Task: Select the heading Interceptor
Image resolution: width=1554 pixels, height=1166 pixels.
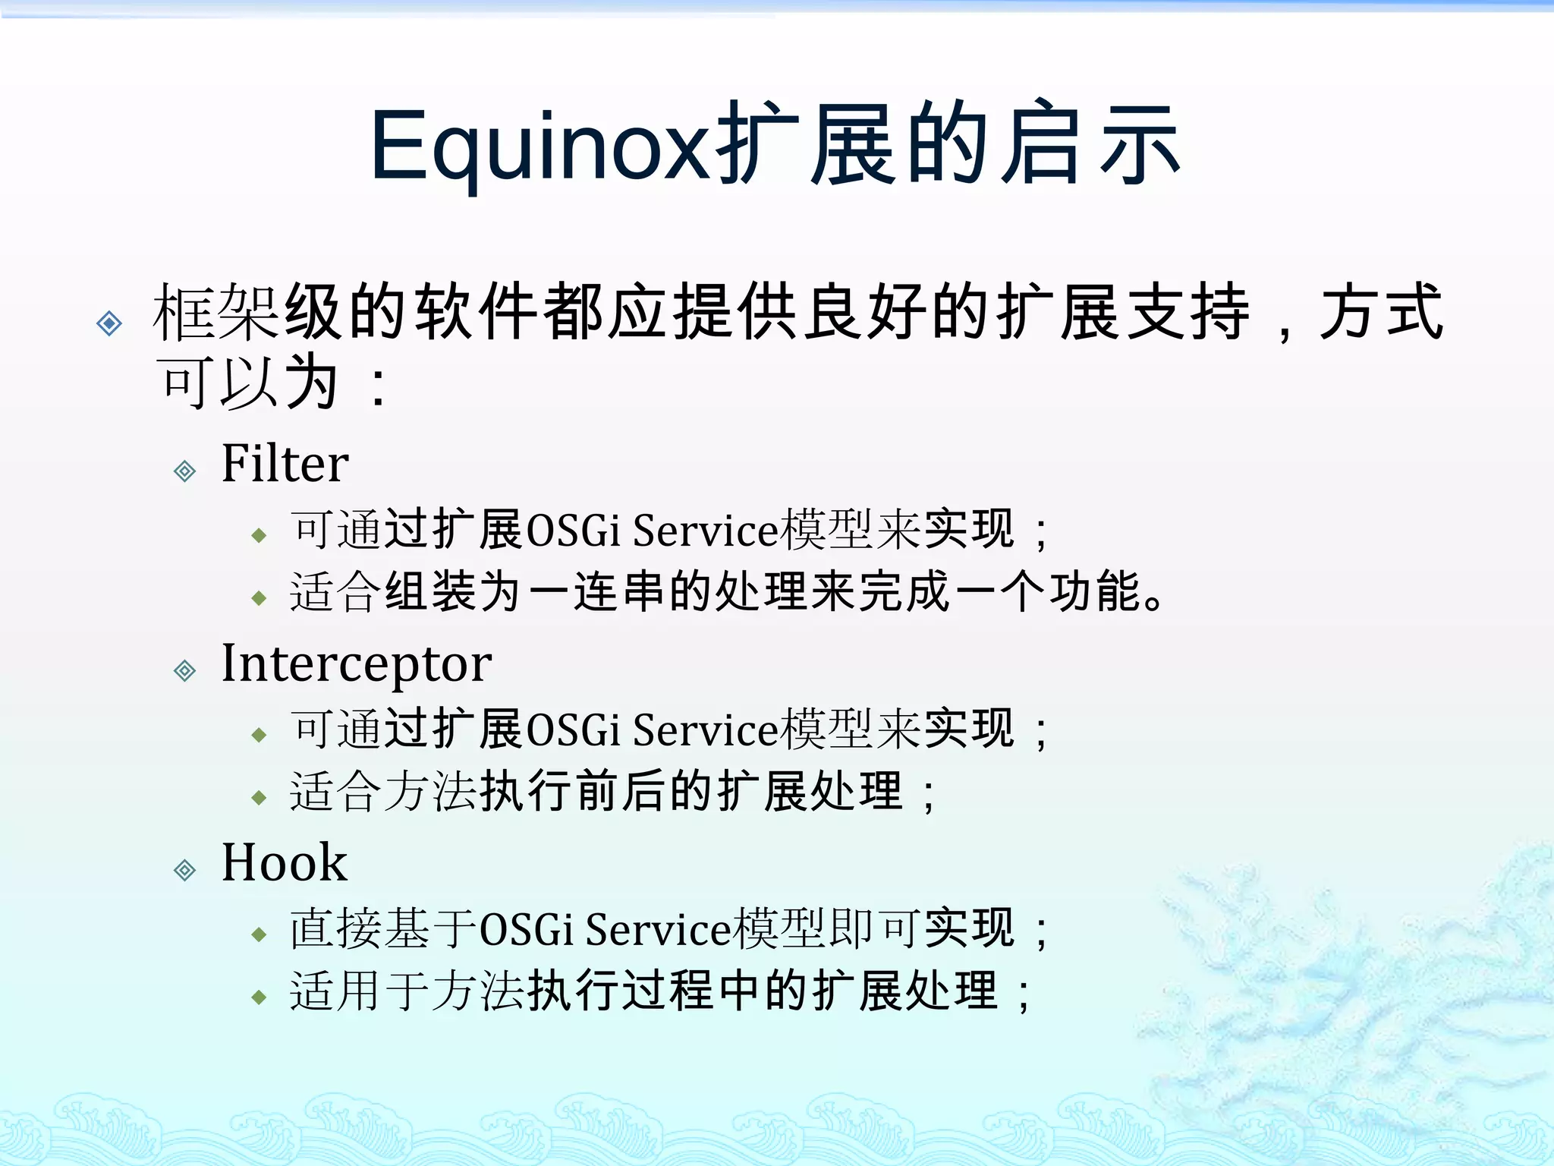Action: coord(356,663)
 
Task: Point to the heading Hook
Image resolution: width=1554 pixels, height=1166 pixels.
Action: coord(284,862)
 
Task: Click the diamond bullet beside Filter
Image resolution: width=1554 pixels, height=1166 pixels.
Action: coord(184,471)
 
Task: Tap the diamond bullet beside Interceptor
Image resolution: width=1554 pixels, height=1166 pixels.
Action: coord(184,671)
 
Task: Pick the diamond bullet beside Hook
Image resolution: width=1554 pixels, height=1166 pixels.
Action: coord(184,870)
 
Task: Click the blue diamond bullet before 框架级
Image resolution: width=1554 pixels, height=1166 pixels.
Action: coord(109,323)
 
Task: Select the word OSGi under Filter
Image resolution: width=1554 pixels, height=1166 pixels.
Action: coord(573,530)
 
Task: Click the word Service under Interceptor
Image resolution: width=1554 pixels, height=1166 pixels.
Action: coord(706,730)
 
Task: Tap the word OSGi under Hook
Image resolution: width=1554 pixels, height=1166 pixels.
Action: coord(526,929)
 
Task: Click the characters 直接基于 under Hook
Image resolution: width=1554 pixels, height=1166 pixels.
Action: coord(383,929)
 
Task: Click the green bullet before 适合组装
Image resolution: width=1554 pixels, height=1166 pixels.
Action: coord(260,598)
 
